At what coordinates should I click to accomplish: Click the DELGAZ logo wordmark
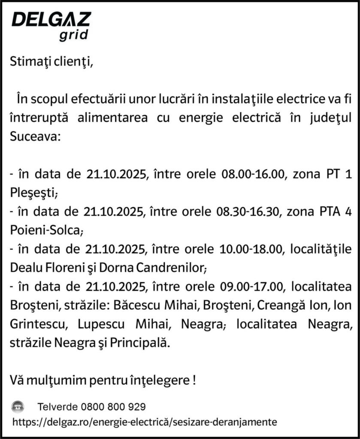[x=51, y=20]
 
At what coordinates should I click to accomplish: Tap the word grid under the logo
[x=73, y=35]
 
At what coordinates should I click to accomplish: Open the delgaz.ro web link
[x=145, y=421]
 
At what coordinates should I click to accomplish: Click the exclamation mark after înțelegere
[x=195, y=380]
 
